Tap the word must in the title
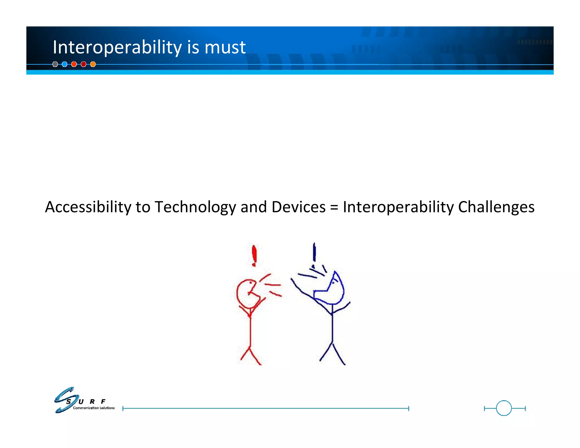point(225,47)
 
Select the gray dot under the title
point(55,64)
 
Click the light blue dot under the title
point(65,64)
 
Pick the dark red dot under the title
point(84,64)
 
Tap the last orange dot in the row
point(93,64)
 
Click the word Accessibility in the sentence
point(88,207)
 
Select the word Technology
point(195,207)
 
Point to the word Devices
point(298,207)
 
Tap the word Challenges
point(496,207)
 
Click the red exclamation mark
point(254,256)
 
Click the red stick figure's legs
point(250,356)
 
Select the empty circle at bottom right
point(504,408)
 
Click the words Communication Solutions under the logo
point(94,408)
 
